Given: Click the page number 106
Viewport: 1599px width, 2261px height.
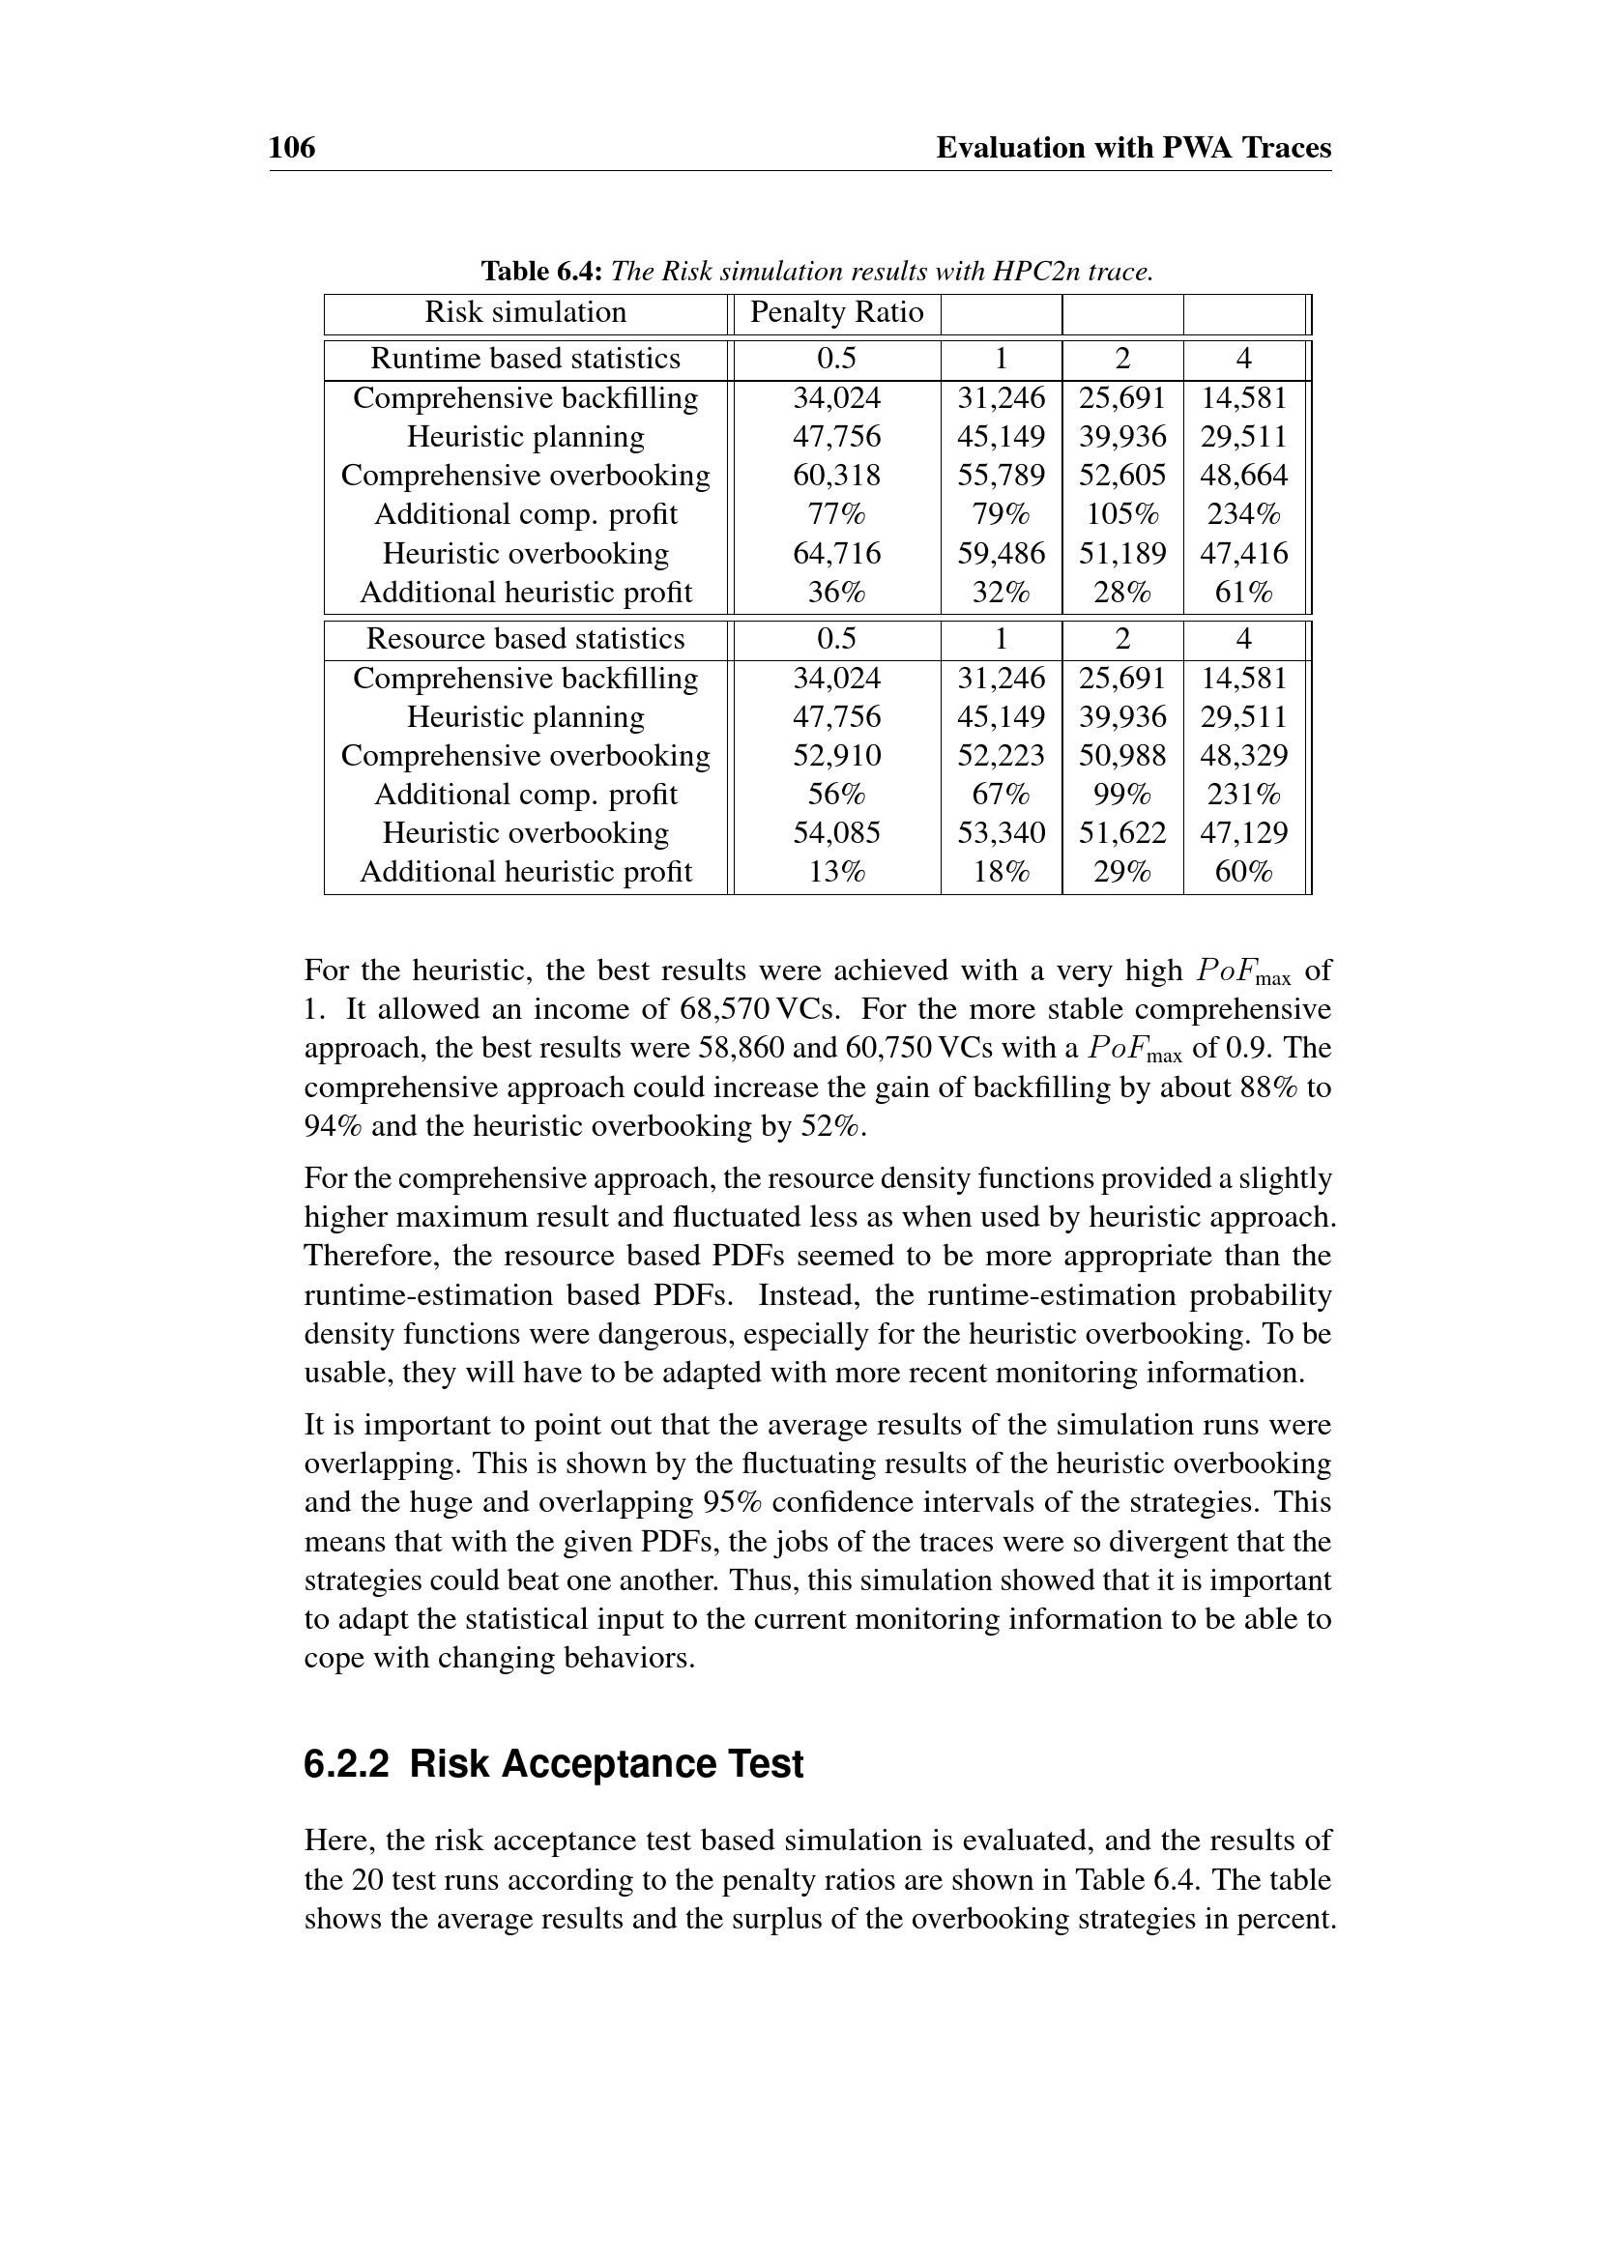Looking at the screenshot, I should pos(291,148).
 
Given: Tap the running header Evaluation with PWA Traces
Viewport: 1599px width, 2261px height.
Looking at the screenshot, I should pos(1132,148).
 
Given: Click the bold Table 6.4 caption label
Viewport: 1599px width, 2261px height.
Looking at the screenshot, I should pos(541,271).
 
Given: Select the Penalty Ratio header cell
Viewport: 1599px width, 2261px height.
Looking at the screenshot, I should pos(836,313).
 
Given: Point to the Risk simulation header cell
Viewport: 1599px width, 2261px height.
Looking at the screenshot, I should pos(525,313).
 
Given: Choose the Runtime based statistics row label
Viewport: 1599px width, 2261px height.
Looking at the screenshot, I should pos(525,360).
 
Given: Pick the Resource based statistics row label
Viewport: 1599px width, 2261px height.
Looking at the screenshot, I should pos(525,639).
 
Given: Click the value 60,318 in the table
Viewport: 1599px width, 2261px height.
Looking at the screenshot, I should pos(836,476).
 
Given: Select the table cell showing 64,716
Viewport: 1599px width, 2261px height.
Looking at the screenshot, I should pos(836,554).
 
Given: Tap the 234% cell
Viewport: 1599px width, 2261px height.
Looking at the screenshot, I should pos(1243,514).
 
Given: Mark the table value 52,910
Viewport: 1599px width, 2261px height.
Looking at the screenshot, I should pos(836,755).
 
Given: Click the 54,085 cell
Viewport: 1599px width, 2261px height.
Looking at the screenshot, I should pos(836,833).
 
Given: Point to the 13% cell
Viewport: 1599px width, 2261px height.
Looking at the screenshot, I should pos(836,873).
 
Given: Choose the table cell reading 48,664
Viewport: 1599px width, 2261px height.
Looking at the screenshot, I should pos(1243,476).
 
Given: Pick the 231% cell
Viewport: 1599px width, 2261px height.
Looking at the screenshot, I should pos(1243,795).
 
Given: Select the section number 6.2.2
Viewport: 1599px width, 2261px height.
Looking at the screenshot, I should pos(347,1764).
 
